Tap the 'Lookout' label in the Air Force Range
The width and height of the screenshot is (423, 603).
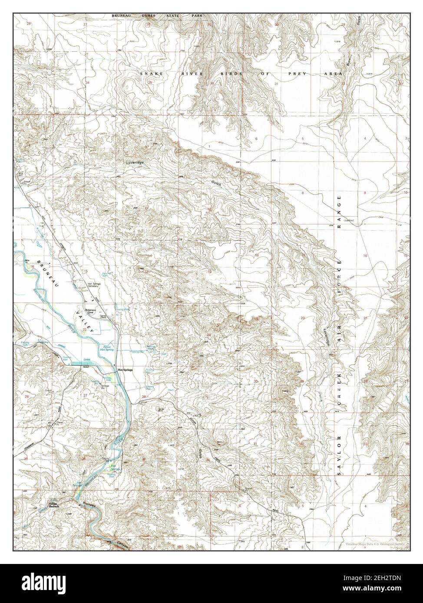coord(349,221)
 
